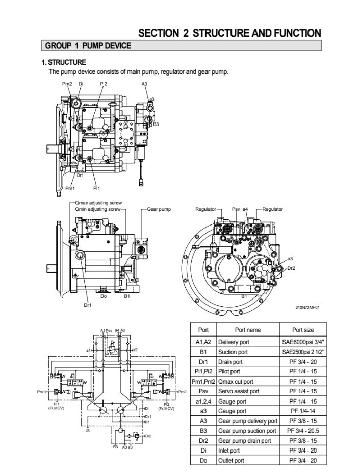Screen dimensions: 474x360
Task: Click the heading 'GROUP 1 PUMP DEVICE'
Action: pos(88,46)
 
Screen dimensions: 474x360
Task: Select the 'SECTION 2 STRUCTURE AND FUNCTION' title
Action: pos(229,33)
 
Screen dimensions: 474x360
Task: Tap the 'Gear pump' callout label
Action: pos(159,209)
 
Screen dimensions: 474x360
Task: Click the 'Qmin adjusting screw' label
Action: pos(97,209)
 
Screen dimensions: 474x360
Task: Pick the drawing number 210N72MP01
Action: pos(307,307)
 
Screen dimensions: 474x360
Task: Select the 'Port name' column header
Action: pos(247,330)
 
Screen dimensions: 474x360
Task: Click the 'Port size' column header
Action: pos(302,330)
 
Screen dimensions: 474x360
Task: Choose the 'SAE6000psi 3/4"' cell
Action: pos(303,342)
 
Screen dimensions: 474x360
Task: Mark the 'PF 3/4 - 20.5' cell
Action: pos(303,431)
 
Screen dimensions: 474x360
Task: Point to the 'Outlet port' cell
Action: pos(231,460)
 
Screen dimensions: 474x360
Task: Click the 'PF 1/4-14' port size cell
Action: pos(303,411)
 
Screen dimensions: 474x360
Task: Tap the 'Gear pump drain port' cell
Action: pos(244,441)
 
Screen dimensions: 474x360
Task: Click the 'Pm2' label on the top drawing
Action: pos(67,83)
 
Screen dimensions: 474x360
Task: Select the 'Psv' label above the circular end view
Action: pos(236,209)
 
